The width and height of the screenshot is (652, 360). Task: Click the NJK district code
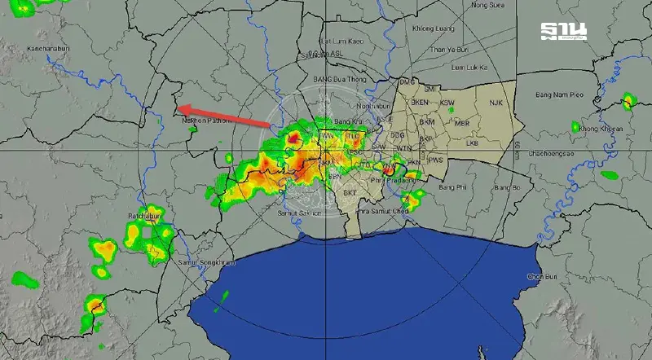click(x=499, y=103)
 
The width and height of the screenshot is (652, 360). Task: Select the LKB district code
click(x=473, y=143)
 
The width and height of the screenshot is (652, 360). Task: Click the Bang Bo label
click(x=506, y=188)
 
